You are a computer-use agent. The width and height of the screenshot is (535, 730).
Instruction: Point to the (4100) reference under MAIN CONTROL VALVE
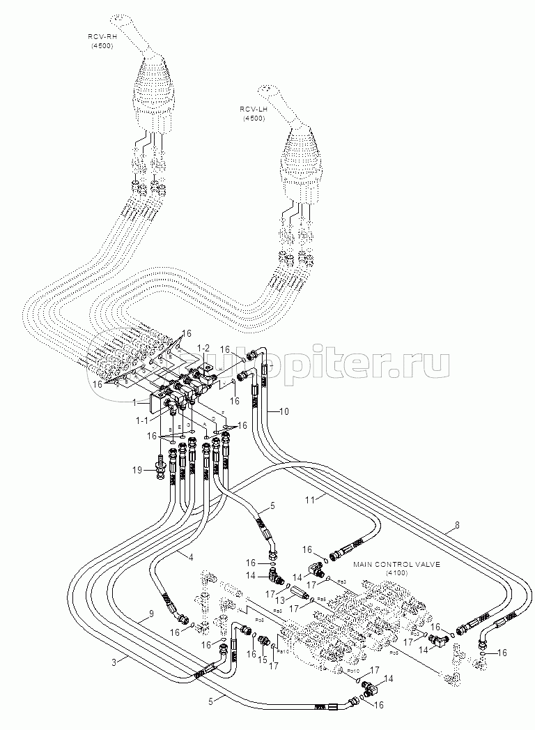pos(396,572)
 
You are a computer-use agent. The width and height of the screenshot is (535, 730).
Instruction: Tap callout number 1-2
pos(203,347)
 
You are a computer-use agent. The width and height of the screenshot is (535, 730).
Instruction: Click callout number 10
pos(284,411)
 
